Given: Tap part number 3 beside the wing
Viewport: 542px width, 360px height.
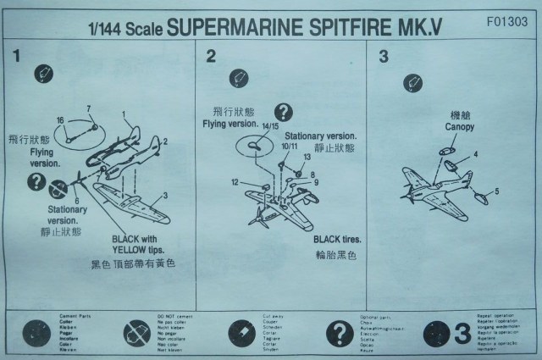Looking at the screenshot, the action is click(165, 195).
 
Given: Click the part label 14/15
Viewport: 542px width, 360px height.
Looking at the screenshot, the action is click(270, 127).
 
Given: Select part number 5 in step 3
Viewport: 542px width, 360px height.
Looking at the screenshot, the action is click(496, 191).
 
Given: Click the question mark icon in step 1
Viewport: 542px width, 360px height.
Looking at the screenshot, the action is click(36, 180).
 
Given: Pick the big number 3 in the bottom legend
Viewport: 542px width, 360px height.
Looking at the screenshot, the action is click(462, 332).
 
